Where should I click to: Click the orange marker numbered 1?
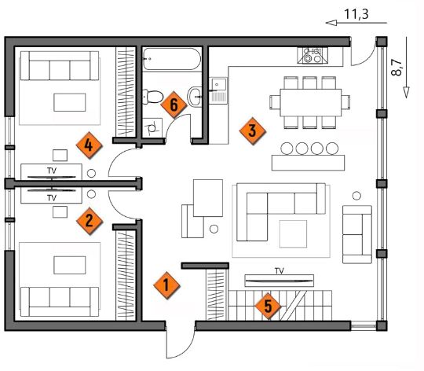(166, 285)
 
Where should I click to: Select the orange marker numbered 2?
(90, 221)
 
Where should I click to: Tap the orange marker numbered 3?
(252, 130)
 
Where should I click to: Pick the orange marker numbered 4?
(89, 145)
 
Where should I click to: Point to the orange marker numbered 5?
(268, 306)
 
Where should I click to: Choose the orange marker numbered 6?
(174, 105)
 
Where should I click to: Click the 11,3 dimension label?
(356, 14)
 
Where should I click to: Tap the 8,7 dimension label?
(397, 68)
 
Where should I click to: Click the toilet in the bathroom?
(153, 97)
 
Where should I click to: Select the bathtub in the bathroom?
(172, 59)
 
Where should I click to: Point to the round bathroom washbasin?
(195, 97)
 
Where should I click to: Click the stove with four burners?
(313, 56)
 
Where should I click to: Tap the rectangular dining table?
(311, 102)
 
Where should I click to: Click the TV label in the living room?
(280, 270)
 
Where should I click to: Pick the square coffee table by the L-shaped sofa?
(293, 233)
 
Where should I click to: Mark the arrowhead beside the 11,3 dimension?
(331, 23)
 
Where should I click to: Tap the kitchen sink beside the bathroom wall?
(218, 90)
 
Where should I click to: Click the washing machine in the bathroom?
(152, 127)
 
